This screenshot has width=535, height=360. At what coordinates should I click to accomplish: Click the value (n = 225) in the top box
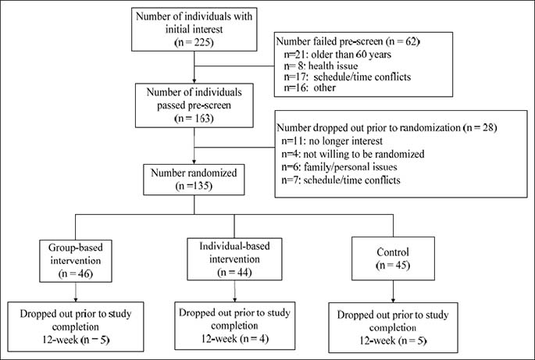(194, 42)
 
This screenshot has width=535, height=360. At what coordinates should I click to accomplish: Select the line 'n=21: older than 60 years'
(337, 54)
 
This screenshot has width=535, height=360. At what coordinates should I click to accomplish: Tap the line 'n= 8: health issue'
(321, 66)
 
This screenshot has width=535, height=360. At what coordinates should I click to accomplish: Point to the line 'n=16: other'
(310, 87)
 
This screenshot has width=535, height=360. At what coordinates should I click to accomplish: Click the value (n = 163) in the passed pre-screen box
(194, 119)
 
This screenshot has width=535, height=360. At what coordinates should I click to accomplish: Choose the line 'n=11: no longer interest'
(332, 141)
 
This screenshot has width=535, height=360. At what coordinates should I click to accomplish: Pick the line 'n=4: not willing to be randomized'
(353, 154)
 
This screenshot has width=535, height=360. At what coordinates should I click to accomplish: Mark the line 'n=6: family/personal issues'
(339, 167)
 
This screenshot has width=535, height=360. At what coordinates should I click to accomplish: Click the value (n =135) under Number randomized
(194, 186)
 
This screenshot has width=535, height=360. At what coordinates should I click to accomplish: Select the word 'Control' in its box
(393, 252)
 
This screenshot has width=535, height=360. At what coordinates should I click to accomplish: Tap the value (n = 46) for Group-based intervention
(76, 273)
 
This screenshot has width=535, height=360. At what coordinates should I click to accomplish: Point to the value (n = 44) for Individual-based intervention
(234, 273)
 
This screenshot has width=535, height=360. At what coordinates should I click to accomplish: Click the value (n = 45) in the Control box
(393, 266)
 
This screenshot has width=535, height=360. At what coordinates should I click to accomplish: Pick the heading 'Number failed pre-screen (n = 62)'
(348, 41)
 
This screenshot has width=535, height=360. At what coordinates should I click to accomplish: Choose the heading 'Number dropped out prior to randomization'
(369, 127)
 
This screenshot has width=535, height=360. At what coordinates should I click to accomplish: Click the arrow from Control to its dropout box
(393, 291)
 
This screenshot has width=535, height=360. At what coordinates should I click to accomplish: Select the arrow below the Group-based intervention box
(76, 292)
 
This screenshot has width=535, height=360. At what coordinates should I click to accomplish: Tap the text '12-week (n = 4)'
(235, 338)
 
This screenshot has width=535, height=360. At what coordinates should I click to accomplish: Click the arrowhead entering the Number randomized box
(194, 162)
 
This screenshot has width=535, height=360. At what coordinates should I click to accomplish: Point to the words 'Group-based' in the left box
(76, 248)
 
